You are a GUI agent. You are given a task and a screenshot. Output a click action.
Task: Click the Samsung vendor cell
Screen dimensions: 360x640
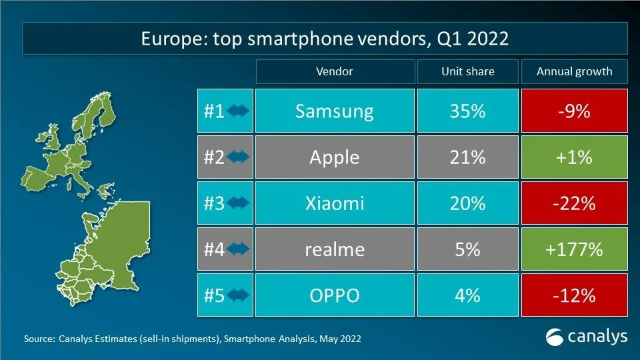click(x=334, y=111)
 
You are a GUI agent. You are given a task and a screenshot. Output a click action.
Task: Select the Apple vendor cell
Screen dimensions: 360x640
click(x=334, y=157)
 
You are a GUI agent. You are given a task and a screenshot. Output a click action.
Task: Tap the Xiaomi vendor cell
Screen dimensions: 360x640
click(x=334, y=203)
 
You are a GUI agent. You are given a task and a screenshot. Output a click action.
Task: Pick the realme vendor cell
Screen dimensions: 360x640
click(x=334, y=249)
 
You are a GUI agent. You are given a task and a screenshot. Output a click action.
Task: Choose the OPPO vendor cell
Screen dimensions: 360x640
click(x=334, y=295)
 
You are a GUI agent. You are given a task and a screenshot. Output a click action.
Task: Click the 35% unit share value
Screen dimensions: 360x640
click(x=467, y=111)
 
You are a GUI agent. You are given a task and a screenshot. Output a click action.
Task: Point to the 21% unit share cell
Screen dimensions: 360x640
click(x=467, y=157)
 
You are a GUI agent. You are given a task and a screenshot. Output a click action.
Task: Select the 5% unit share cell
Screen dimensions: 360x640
click(x=467, y=249)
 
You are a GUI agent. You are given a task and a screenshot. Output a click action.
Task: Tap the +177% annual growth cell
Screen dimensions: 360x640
click(x=574, y=249)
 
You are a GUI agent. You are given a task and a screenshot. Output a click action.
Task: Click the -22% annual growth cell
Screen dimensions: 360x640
click(x=574, y=203)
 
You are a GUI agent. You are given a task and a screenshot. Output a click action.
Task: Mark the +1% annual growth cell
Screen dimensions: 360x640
click(x=574, y=157)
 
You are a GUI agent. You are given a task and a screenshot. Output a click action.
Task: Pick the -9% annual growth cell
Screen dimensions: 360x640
click(x=574, y=111)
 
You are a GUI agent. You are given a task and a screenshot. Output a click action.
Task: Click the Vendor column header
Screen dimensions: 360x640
click(x=334, y=71)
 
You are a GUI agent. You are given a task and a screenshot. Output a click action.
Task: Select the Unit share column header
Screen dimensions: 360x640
click(x=467, y=71)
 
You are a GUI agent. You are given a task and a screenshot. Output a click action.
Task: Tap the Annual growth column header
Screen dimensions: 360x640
click(x=574, y=71)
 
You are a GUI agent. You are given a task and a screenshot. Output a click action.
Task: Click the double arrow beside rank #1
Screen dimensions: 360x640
click(x=238, y=111)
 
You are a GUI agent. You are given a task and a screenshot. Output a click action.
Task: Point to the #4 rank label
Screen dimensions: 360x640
click(x=214, y=249)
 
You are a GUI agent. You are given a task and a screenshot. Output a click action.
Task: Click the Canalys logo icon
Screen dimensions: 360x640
click(x=555, y=337)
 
